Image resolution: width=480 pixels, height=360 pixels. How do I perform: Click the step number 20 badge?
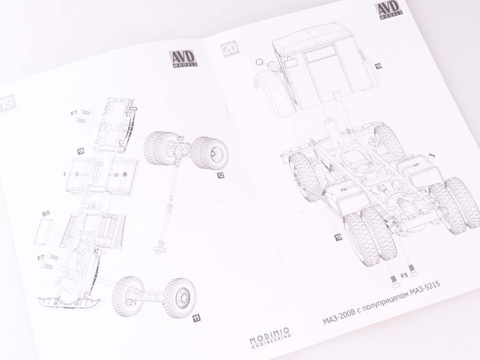point(230,48)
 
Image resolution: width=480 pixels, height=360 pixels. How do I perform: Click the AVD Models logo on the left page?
point(183,58)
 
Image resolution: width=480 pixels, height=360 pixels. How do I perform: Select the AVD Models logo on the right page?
point(388,10)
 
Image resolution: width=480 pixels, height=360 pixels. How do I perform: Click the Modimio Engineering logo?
point(269,337)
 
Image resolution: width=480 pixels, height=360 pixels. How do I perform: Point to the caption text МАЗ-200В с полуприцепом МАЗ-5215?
point(382,302)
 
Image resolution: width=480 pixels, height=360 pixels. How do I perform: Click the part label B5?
point(46,214)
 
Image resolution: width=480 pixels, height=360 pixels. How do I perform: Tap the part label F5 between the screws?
point(404,276)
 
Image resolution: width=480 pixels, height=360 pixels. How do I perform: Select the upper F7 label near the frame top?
point(74,113)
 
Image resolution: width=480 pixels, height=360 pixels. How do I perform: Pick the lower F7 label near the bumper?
point(41,258)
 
